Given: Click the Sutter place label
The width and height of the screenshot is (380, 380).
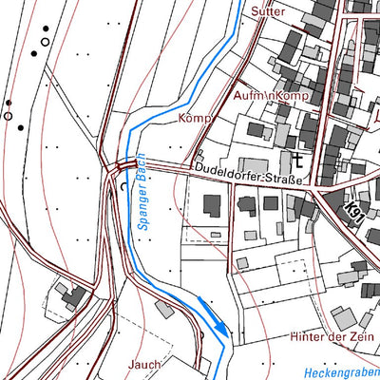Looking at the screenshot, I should point(268,11).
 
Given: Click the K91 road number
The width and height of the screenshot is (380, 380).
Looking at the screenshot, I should point(355,207).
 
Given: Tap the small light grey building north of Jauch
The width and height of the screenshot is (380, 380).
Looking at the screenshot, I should point(166,309).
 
